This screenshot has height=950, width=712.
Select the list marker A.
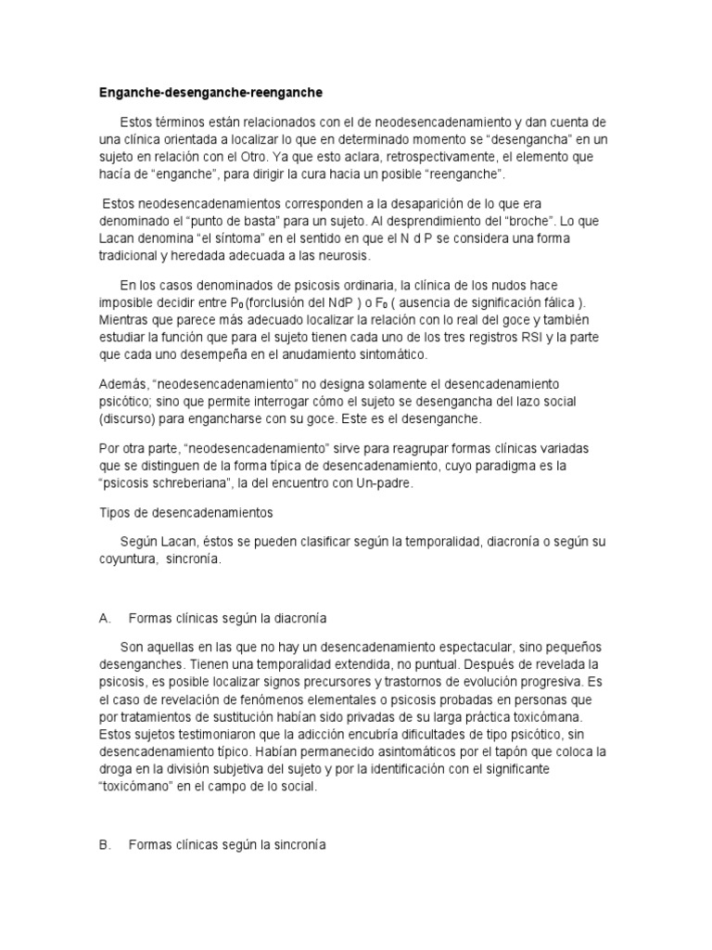[105, 616]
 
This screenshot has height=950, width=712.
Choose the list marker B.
[105, 846]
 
